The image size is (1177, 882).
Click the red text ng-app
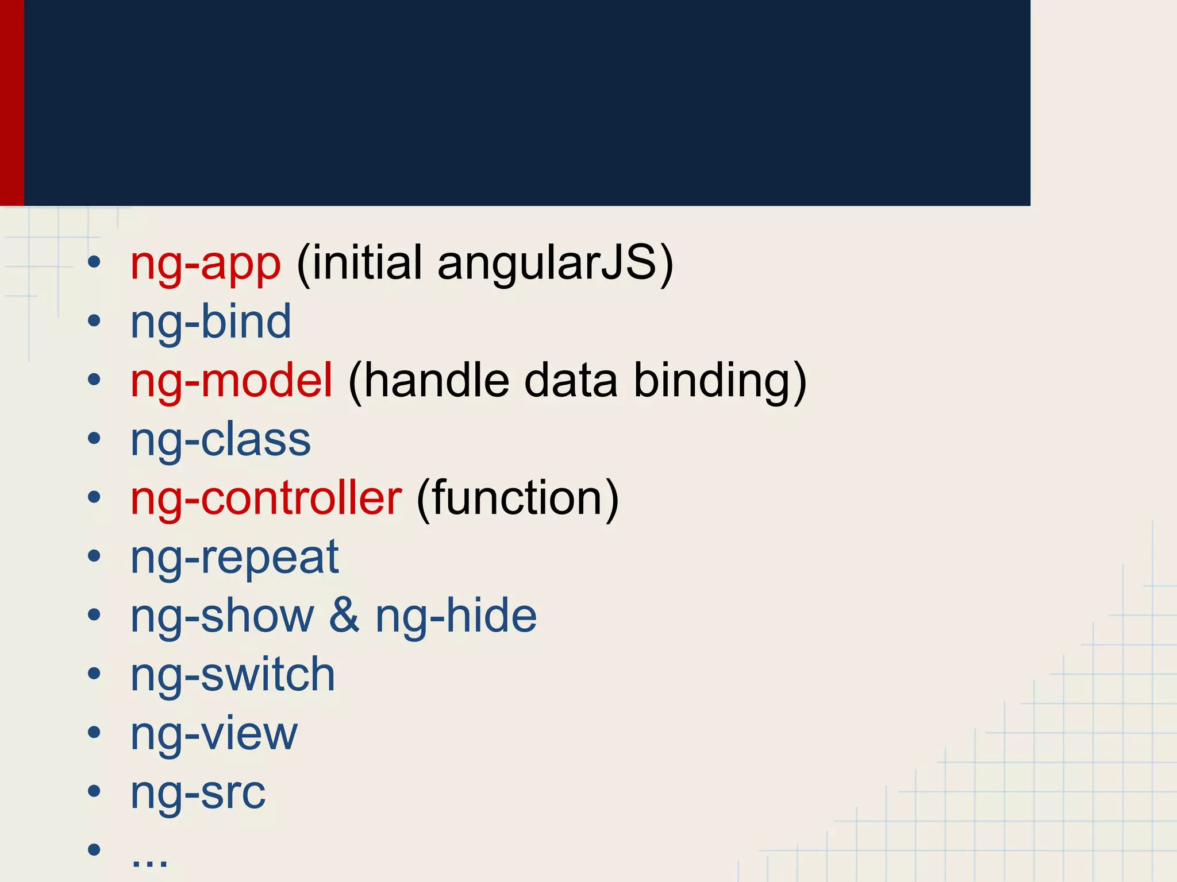(x=205, y=264)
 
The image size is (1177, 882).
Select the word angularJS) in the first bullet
(x=555, y=264)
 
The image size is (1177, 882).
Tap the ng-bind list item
(x=210, y=323)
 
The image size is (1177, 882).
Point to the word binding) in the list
(x=720, y=382)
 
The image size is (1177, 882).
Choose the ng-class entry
(x=220, y=440)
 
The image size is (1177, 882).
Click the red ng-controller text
(x=266, y=498)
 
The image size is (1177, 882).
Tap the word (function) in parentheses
(x=517, y=499)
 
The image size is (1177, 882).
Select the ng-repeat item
(x=234, y=558)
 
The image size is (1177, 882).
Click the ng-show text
(x=222, y=616)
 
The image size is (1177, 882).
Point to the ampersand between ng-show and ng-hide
(x=344, y=616)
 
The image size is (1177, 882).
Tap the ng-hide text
(x=456, y=616)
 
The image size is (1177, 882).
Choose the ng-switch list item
(x=232, y=675)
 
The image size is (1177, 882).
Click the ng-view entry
(x=214, y=734)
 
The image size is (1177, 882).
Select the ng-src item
(x=198, y=794)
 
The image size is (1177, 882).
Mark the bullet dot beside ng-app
(x=94, y=263)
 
